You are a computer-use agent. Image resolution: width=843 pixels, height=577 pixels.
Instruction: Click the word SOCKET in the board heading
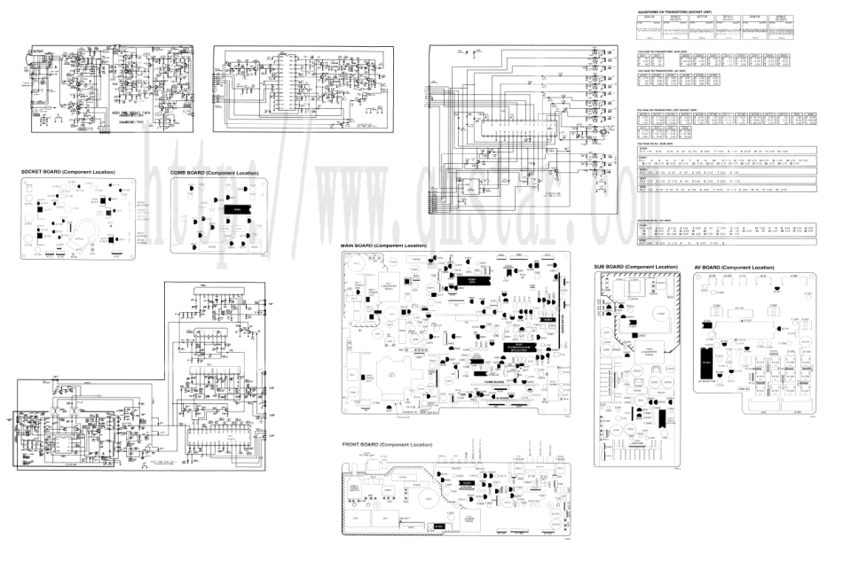(x=33, y=171)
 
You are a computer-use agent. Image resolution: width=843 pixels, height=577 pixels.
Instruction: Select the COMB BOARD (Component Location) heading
(x=214, y=172)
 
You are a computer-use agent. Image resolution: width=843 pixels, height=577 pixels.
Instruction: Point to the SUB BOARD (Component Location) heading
(x=636, y=267)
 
